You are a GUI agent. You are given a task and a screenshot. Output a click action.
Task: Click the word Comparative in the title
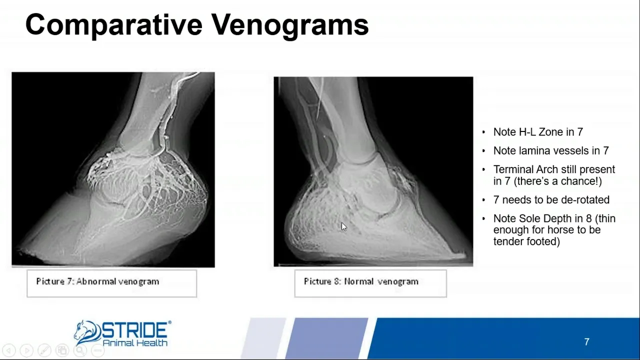click(113, 25)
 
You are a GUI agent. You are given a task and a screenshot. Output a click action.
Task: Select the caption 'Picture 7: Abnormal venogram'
click(97, 281)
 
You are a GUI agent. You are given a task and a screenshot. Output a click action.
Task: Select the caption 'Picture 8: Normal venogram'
click(361, 281)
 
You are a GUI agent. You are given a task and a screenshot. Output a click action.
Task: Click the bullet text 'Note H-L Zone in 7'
click(538, 132)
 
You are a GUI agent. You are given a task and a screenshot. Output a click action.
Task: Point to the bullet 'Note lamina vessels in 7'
click(551, 150)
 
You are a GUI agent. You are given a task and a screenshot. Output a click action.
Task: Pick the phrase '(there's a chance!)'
click(557, 181)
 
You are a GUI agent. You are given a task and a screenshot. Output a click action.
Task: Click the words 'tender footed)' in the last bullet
click(526, 241)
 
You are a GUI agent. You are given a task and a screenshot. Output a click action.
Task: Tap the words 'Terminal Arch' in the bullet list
click(525, 169)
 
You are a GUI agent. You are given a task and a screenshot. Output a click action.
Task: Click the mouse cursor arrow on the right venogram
click(343, 227)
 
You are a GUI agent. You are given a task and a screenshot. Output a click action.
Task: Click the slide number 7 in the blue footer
click(586, 342)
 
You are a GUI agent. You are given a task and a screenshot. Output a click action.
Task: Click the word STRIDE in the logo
click(134, 329)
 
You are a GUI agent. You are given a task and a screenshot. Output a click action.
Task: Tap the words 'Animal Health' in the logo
click(135, 343)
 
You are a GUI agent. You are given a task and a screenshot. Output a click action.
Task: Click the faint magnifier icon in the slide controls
click(80, 350)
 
